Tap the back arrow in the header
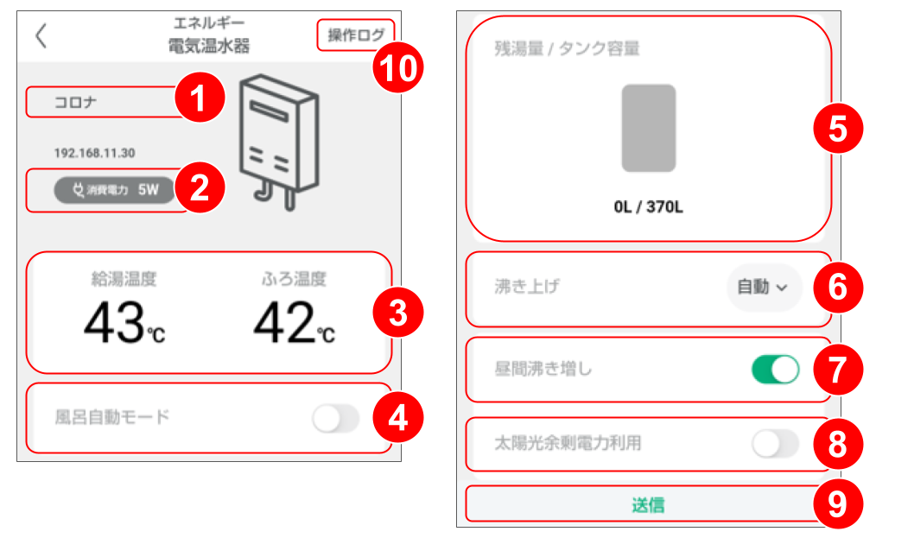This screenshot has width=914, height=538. (x=41, y=36)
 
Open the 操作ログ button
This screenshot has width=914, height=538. (x=355, y=35)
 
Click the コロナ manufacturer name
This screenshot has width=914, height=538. (x=76, y=102)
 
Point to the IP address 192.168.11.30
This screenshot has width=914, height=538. (x=94, y=153)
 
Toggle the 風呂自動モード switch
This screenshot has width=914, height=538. (x=335, y=419)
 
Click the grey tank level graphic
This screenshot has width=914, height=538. (x=648, y=128)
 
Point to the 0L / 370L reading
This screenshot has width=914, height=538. (x=648, y=208)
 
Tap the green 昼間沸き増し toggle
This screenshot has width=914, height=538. (x=775, y=370)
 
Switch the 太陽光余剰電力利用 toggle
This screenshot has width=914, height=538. (x=775, y=444)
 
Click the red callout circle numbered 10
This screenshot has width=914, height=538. (x=398, y=66)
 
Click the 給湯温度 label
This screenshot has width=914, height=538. (x=124, y=279)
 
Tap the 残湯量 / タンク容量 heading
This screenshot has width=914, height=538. (x=567, y=48)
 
